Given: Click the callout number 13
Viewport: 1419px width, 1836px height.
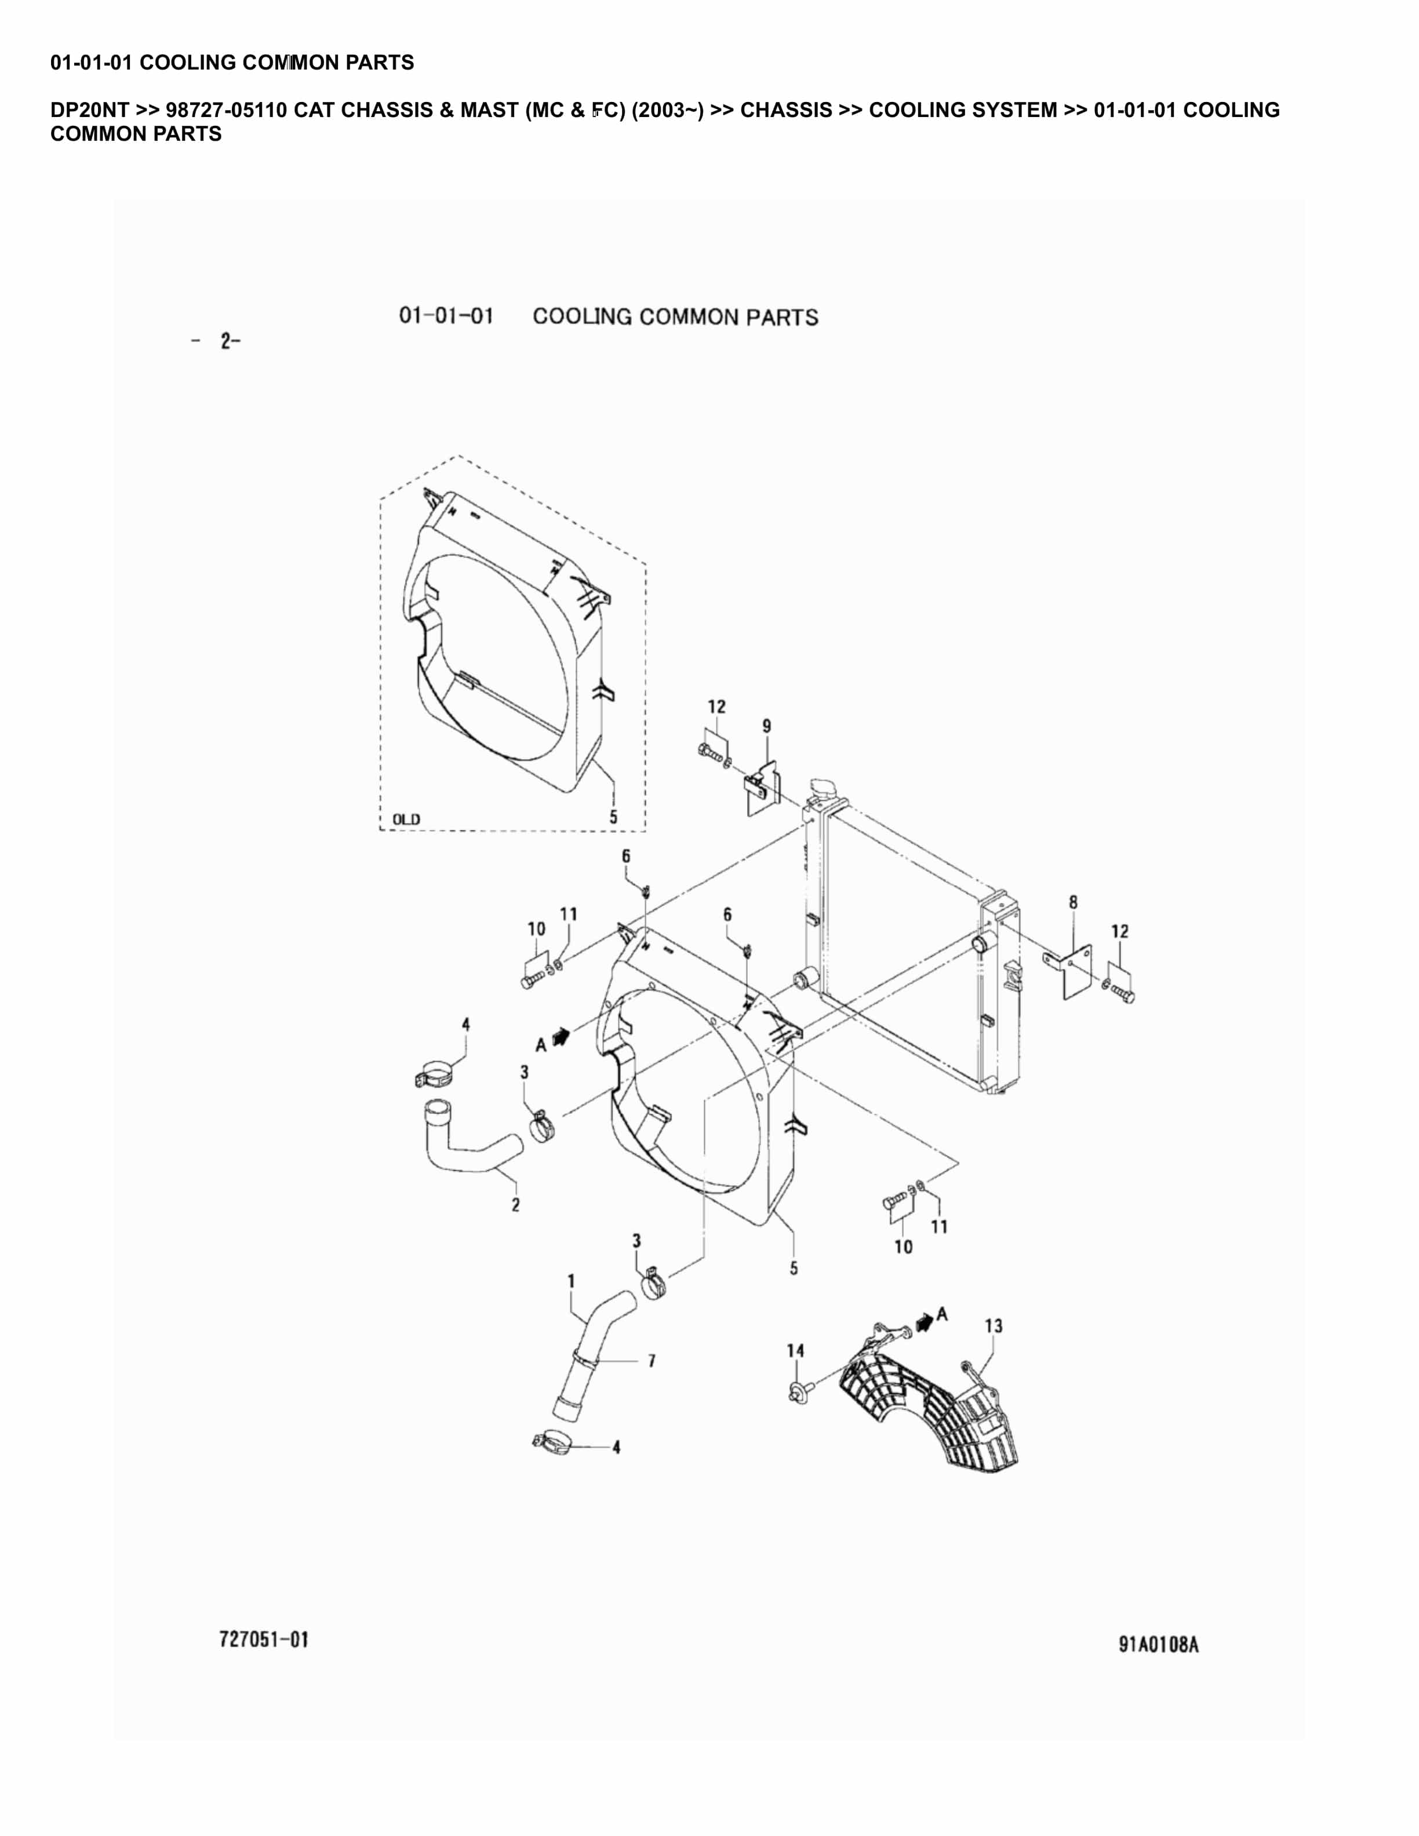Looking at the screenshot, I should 993,1326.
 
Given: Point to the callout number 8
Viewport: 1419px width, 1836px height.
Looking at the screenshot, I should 1074,902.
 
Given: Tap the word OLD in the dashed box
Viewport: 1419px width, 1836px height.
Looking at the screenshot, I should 406,819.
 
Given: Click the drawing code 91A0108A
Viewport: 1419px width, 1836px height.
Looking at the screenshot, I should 1158,1644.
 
